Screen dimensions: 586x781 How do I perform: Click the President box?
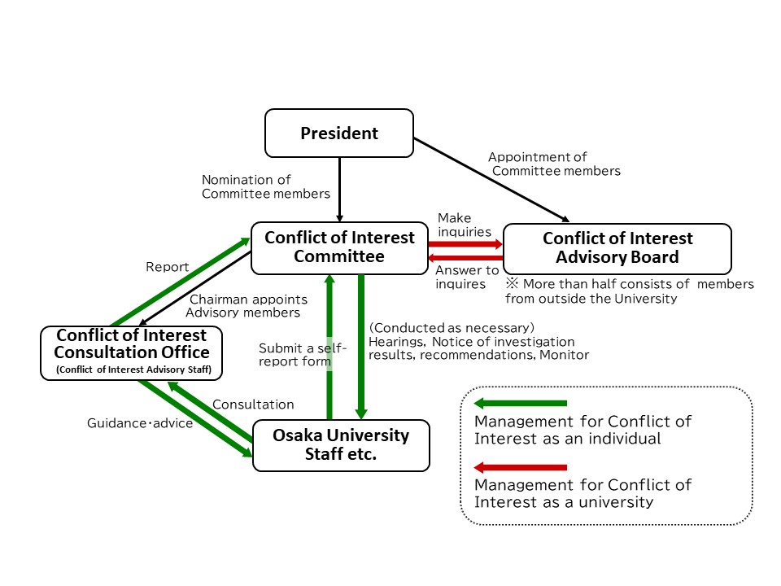click(x=339, y=133)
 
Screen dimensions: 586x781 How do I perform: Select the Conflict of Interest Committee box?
click(x=339, y=248)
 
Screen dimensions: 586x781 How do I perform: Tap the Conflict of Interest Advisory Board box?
click(x=617, y=248)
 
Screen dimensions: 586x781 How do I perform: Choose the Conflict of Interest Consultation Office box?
click(x=131, y=352)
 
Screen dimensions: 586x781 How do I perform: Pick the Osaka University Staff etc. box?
click(x=341, y=445)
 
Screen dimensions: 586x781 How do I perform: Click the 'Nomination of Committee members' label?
click(x=265, y=186)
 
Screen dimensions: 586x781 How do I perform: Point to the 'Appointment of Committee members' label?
click(x=555, y=164)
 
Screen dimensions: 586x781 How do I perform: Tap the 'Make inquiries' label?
click(x=465, y=225)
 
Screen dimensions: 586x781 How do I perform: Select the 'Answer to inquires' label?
click(x=467, y=277)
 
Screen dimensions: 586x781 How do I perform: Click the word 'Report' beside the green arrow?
click(x=168, y=266)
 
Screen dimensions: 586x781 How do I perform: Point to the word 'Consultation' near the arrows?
click(x=253, y=404)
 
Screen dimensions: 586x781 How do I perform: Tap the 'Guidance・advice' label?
click(x=140, y=423)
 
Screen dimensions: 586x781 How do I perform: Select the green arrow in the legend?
click(x=520, y=403)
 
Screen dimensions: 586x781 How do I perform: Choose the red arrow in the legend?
click(x=520, y=467)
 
